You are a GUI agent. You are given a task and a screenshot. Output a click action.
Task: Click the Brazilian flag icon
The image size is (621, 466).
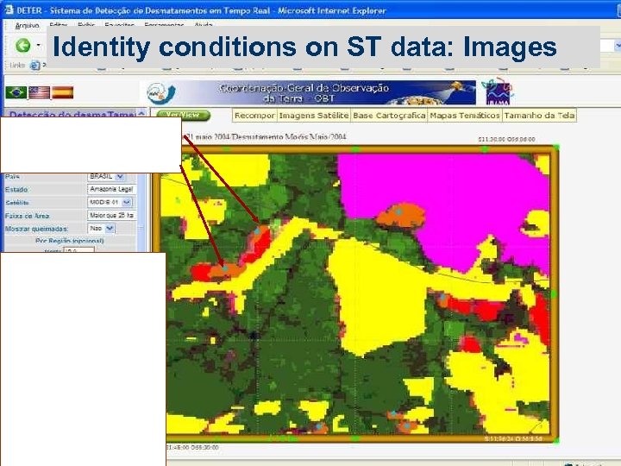pos(16,92)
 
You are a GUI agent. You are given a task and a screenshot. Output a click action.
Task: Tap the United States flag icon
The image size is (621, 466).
pos(39,92)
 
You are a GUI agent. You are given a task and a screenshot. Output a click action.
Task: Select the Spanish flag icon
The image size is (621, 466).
pos(62,92)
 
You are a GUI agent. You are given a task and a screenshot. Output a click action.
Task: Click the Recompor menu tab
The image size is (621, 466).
pos(254,115)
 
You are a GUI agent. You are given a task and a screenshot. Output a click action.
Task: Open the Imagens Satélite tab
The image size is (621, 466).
pos(313,115)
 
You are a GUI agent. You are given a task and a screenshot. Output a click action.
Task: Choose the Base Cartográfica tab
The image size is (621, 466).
pos(389,115)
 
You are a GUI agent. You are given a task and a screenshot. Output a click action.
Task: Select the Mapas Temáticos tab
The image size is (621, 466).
pos(464,115)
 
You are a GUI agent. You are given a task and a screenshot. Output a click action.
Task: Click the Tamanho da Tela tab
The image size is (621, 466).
pos(539,115)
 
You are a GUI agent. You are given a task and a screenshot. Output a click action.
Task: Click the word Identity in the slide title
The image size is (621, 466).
pos(101,47)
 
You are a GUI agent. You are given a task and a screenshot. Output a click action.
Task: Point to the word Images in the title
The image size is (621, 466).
pos(510,47)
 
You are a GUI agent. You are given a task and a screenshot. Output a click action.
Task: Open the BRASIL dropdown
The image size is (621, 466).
pos(111,176)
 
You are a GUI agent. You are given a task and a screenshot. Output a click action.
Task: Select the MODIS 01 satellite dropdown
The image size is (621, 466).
pos(111,202)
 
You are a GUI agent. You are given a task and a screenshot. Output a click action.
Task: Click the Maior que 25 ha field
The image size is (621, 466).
pos(111,215)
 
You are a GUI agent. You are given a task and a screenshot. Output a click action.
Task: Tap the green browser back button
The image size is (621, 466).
pos(23,46)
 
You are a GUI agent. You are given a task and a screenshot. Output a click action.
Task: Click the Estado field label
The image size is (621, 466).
pos(16,189)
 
